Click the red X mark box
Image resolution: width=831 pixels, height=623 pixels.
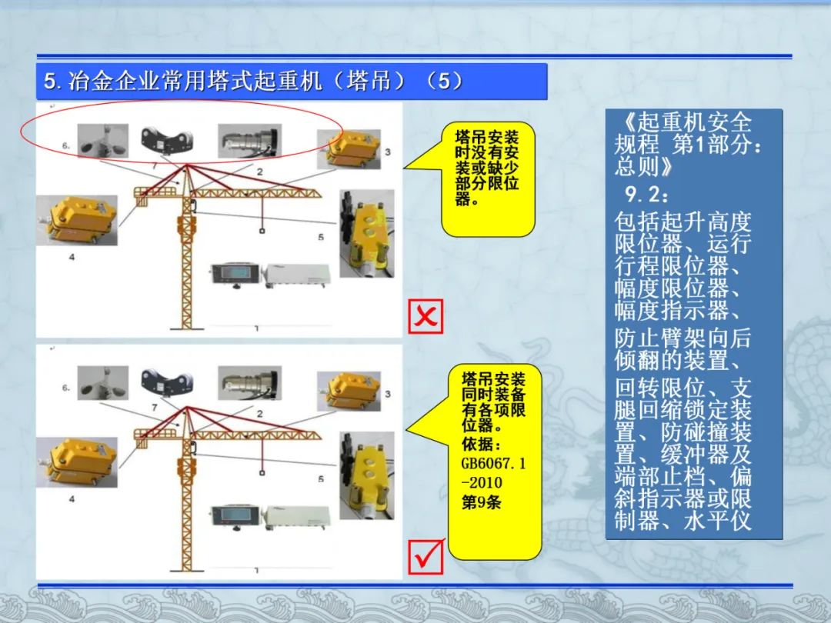pyautogui.click(x=426, y=316)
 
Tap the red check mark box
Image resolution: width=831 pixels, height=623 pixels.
pyautogui.click(x=426, y=557)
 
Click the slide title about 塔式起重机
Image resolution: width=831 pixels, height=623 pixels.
pyautogui.click(x=254, y=81)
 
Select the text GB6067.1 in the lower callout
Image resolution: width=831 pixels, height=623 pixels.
pyautogui.click(x=493, y=463)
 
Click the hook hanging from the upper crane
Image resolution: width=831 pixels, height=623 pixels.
pyautogui.click(x=262, y=231)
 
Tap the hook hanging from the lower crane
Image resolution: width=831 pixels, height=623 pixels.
pyautogui.click(x=262, y=472)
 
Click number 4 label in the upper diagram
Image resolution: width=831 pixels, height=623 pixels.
pyautogui.click(x=72, y=257)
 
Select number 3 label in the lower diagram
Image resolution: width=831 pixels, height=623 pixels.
pyautogui.click(x=387, y=394)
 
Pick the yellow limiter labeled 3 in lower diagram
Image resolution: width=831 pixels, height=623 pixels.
pyautogui.click(x=349, y=391)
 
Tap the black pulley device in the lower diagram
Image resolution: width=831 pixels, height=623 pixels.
pyautogui.click(x=166, y=382)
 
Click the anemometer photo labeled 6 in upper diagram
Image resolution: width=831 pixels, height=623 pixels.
pyautogui.click(x=103, y=141)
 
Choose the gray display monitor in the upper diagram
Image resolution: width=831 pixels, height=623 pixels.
pyautogui.click(x=236, y=274)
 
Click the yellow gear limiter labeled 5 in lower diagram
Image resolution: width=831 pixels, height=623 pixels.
pyautogui.click(x=367, y=475)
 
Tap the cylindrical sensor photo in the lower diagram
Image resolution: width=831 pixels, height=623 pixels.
pyautogui.click(x=249, y=382)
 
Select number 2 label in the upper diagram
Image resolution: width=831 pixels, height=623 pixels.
pyautogui.click(x=260, y=172)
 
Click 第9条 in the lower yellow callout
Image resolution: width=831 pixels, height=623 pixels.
pyautogui.click(x=481, y=501)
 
